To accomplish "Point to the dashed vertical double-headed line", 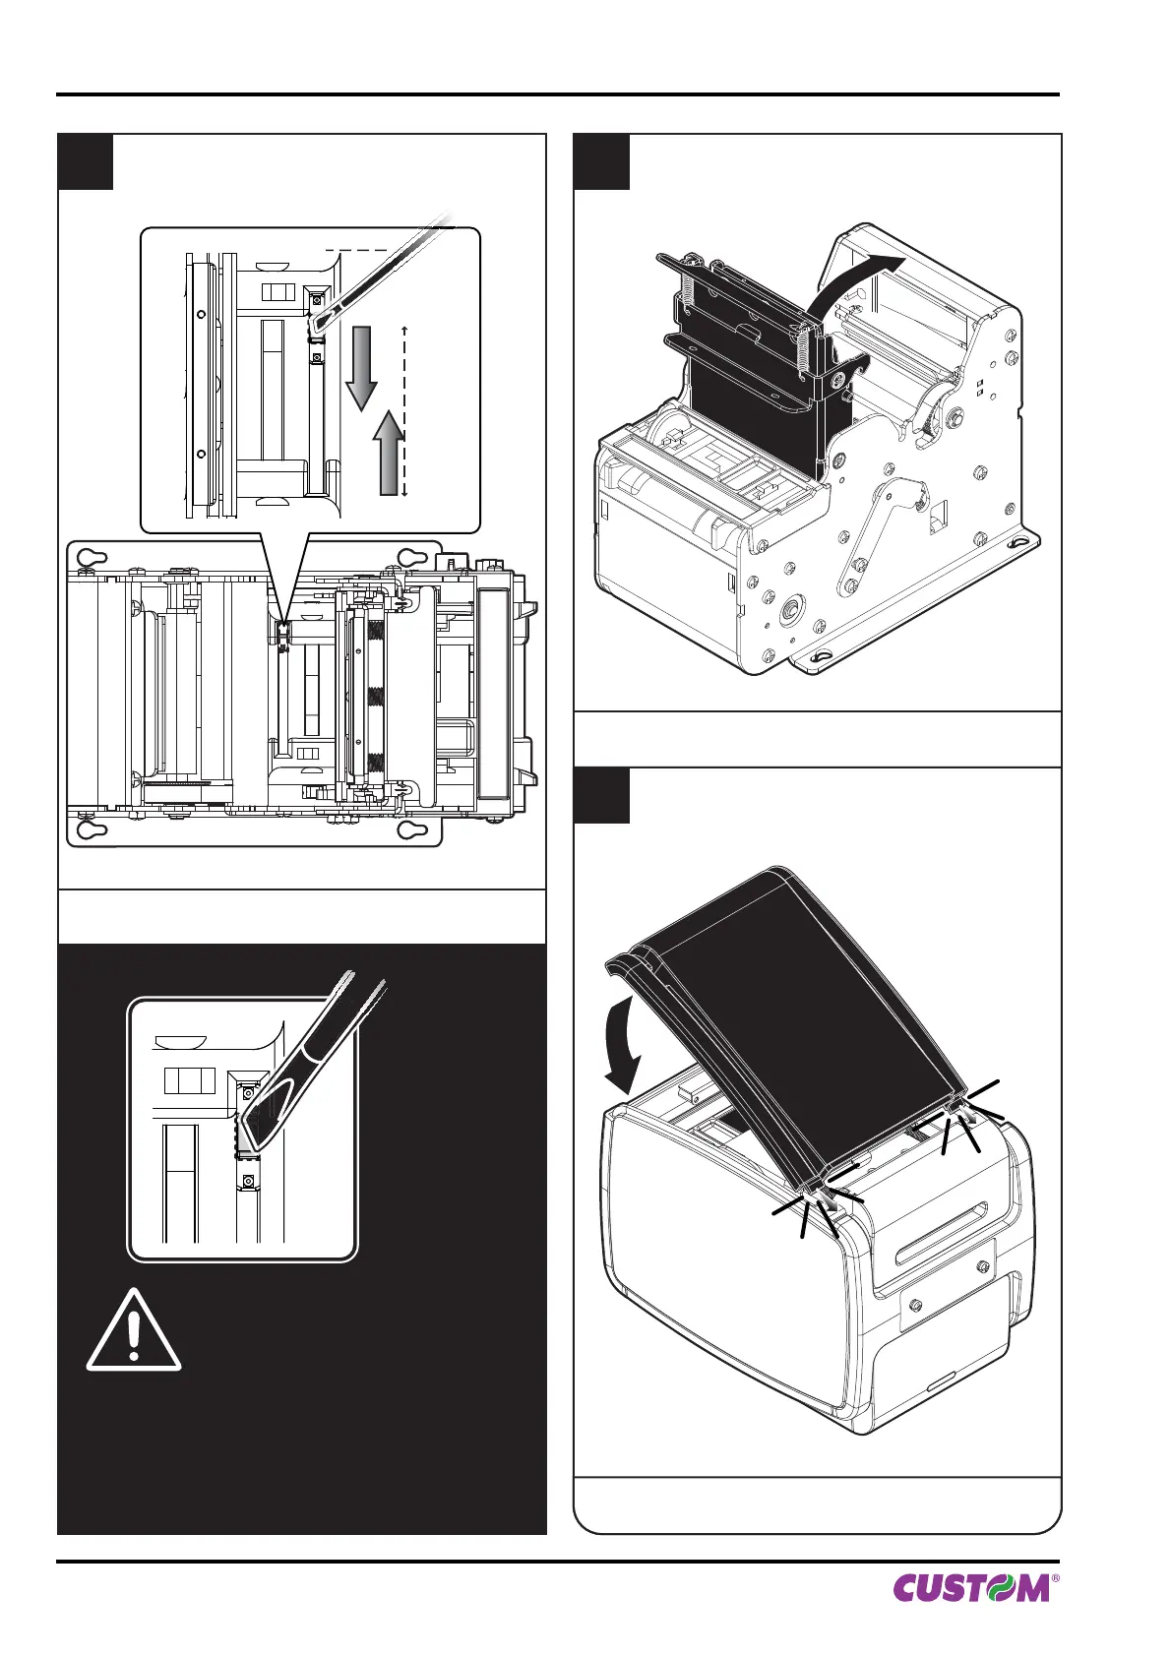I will [x=404, y=411].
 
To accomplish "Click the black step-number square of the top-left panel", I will [x=86, y=161].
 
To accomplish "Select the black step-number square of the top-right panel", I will [x=601, y=161].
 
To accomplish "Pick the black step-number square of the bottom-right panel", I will [x=601, y=795].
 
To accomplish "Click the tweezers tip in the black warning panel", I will [x=254, y=1132].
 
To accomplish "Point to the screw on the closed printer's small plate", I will [x=917, y=1305].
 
